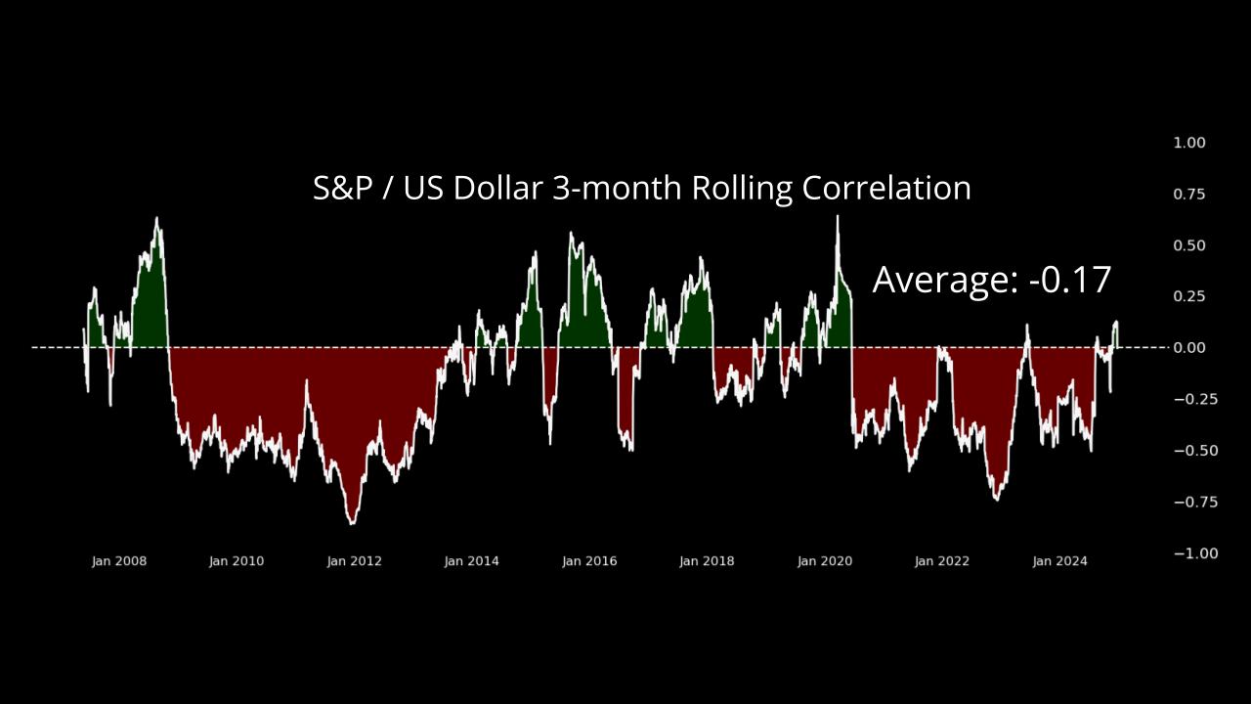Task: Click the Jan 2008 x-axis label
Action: [x=119, y=561]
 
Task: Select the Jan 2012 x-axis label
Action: [x=354, y=561]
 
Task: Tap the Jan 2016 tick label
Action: [x=589, y=561]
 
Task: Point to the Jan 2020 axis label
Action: [x=824, y=561]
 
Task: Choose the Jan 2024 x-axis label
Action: [x=1059, y=561]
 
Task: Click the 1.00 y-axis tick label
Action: [x=1189, y=143]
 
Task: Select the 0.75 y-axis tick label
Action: [x=1189, y=195]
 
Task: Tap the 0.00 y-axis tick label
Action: [x=1189, y=348]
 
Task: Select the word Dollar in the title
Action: [x=496, y=188]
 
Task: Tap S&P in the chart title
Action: [x=343, y=188]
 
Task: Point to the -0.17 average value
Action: [x=1070, y=280]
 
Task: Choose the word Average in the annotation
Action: [x=945, y=281]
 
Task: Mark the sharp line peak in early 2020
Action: [x=837, y=216]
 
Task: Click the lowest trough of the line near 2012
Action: [x=352, y=523]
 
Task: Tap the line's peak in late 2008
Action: [x=156, y=219]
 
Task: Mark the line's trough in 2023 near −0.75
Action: [x=996, y=500]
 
